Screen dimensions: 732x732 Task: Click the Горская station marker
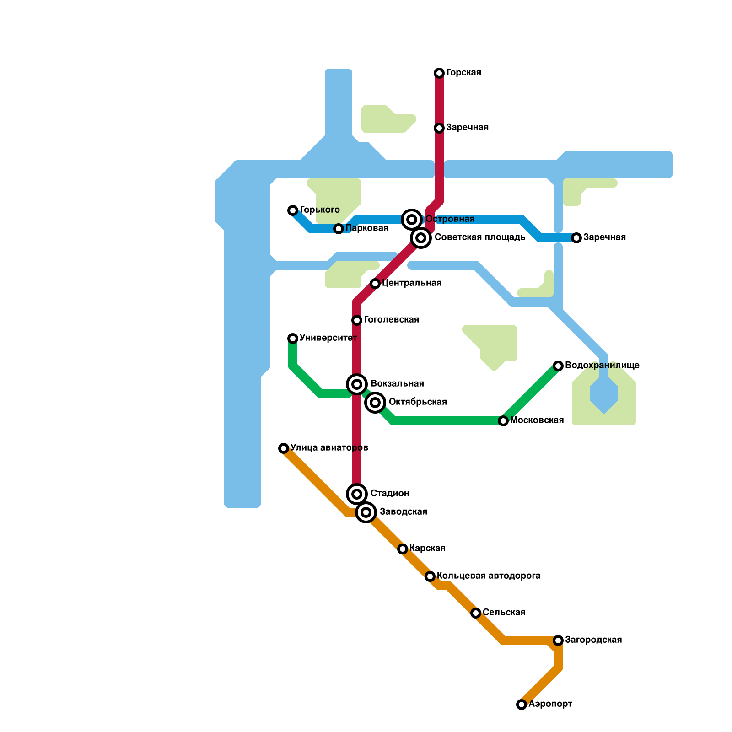click(x=439, y=73)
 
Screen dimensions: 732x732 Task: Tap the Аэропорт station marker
click(x=522, y=705)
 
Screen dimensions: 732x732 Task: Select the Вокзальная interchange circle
click(x=357, y=384)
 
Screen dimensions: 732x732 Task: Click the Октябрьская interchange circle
click(x=375, y=403)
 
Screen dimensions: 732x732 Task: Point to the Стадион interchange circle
click(x=357, y=494)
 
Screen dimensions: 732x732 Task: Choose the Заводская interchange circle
click(x=366, y=512)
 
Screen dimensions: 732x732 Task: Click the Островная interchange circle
click(x=412, y=220)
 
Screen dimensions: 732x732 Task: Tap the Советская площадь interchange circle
click(x=421, y=238)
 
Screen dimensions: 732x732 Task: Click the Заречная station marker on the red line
click(x=439, y=128)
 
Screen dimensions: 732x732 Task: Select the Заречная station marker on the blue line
click(x=576, y=238)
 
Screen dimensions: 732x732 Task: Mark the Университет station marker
click(x=293, y=339)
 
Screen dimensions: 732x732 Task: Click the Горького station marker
click(x=293, y=210)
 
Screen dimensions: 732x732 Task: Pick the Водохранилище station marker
click(x=558, y=366)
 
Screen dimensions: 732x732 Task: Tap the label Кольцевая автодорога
click(x=489, y=576)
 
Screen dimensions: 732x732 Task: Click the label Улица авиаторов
click(x=329, y=448)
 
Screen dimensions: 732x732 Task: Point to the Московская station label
click(x=537, y=420)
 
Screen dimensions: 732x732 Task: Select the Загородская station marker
click(x=558, y=640)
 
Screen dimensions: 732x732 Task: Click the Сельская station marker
click(x=476, y=613)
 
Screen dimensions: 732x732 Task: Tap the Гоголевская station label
click(x=392, y=320)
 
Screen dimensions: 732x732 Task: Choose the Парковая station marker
click(x=339, y=229)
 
